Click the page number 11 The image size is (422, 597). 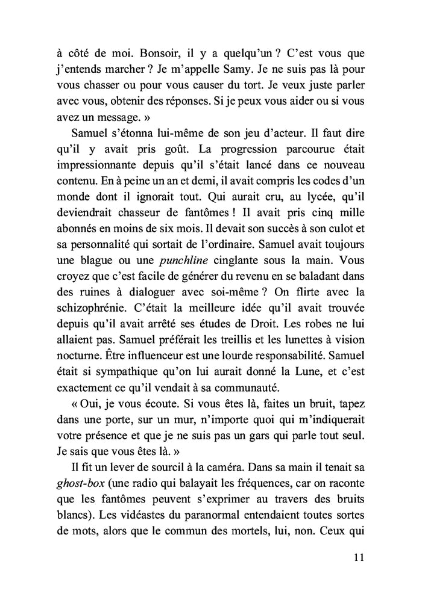point(355,557)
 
